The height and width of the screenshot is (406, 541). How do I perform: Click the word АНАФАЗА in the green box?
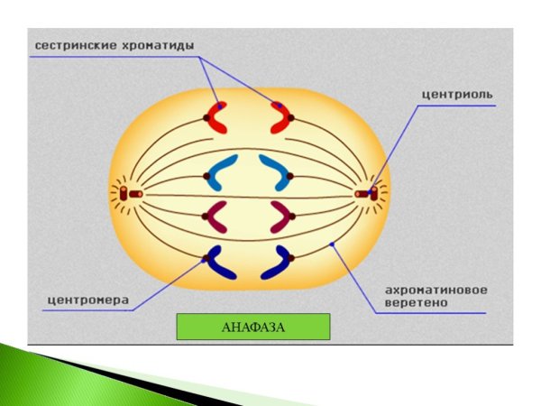252,327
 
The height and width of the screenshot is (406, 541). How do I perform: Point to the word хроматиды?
168,44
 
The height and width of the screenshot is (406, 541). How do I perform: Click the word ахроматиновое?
436,291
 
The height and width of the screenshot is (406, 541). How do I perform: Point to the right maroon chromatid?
280,216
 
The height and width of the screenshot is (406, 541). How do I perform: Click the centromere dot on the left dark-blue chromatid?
206,259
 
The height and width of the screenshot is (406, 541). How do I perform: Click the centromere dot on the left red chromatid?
206,118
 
